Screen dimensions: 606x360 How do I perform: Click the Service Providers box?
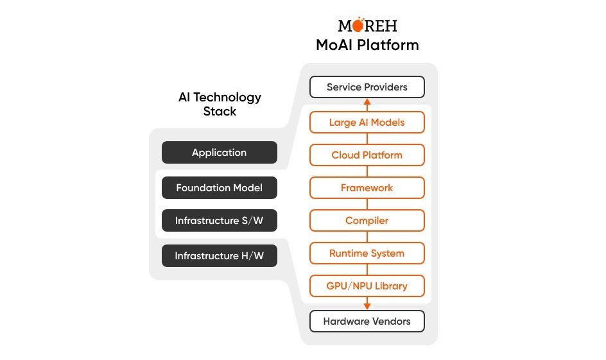pos(367,87)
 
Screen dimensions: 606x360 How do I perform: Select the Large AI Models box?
pos(367,122)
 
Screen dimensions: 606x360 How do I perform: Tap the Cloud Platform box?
pos(367,155)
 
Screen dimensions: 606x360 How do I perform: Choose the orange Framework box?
pos(367,188)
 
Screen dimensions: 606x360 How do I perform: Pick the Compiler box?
pos(367,221)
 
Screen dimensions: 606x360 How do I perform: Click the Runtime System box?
pos(367,253)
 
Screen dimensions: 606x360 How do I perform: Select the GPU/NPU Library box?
pos(367,286)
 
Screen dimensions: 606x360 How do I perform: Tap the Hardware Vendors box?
pos(367,321)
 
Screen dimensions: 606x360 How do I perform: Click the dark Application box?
pos(219,152)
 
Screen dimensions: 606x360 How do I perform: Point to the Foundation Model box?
pos(219,188)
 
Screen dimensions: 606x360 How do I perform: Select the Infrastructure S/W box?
pos(219,221)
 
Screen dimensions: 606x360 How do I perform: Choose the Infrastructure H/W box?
pos(219,255)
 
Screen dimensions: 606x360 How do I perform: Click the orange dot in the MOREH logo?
pos(358,25)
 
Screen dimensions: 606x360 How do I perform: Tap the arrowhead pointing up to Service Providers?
pos(367,103)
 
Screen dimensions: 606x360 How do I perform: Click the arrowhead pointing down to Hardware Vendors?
pos(367,306)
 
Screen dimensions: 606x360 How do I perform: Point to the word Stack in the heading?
pos(220,111)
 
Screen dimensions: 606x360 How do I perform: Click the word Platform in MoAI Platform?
pos(388,45)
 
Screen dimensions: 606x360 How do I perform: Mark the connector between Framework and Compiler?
pos(367,204)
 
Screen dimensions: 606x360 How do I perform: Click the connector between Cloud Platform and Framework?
pos(367,171)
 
